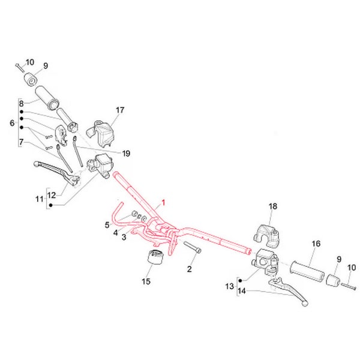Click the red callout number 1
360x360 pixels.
[x=160, y=203]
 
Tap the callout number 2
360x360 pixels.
[x=190, y=269]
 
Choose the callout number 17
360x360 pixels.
[x=120, y=110]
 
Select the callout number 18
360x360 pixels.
[x=272, y=206]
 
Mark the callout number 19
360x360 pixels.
[x=126, y=154]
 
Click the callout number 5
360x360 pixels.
[x=107, y=225]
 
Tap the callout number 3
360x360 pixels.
[x=124, y=238]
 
